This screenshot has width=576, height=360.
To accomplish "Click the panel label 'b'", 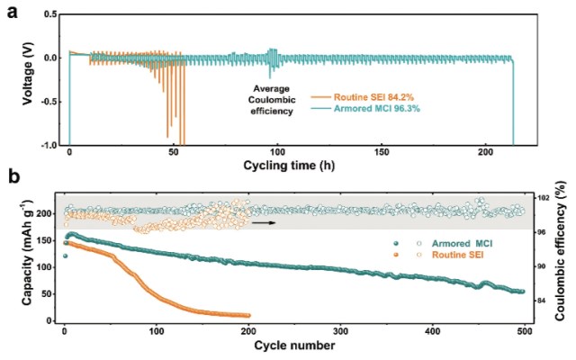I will pyautogui.click(x=12, y=178).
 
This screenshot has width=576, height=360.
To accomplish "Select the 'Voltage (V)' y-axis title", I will pyautogui.click(x=12, y=79).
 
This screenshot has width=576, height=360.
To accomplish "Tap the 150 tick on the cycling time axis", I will pyautogui.click(x=382, y=154).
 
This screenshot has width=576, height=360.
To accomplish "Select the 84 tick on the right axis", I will pyautogui.click(x=542, y=300).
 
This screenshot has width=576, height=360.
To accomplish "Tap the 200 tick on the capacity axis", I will pyautogui.click(x=48, y=213).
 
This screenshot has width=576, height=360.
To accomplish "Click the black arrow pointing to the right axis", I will pyautogui.click(x=263, y=220).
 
